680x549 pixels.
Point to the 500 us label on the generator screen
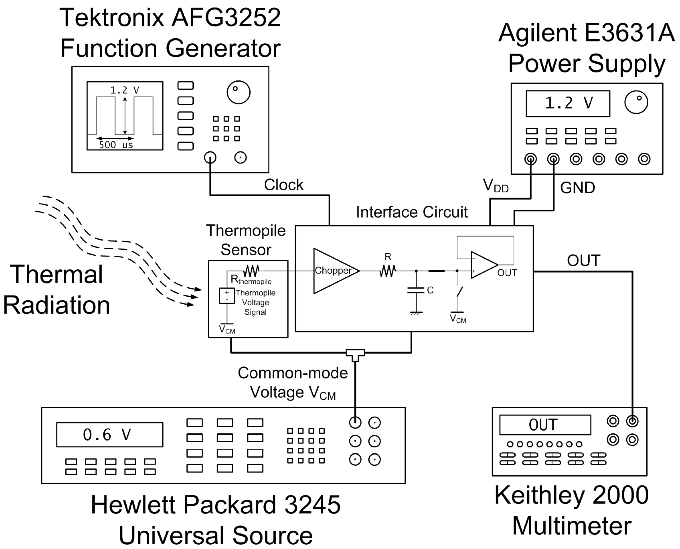click(116, 145)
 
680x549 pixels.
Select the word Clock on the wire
click(284, 185)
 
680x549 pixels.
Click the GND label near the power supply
click(578, 188)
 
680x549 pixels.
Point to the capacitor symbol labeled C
click(416, 290)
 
